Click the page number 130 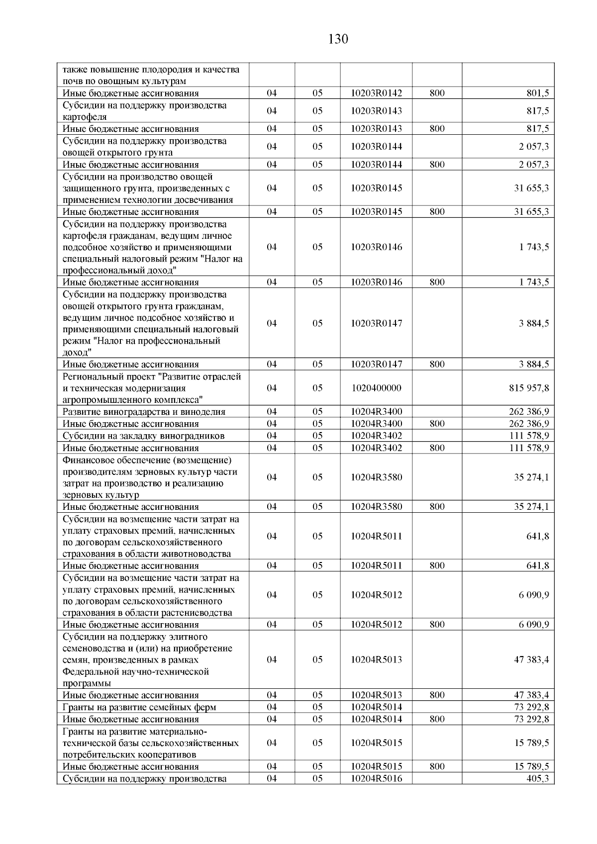tap(338, 39)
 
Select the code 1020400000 tap(376, 388)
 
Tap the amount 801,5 tap(538, 93)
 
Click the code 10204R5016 tap(376, 779)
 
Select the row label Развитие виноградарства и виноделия tap(144, 412)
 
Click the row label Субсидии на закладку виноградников tap(143, 436)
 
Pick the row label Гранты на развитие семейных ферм tap(139, 707)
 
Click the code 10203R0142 tap(376, 93)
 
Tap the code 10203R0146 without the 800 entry tap(376, 247)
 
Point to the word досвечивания tap(204, 200)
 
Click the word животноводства tap(199, 554)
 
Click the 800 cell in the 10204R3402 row tap(437, 448)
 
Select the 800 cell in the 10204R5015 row tap(437, 767)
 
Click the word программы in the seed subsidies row tap(87, 683)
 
